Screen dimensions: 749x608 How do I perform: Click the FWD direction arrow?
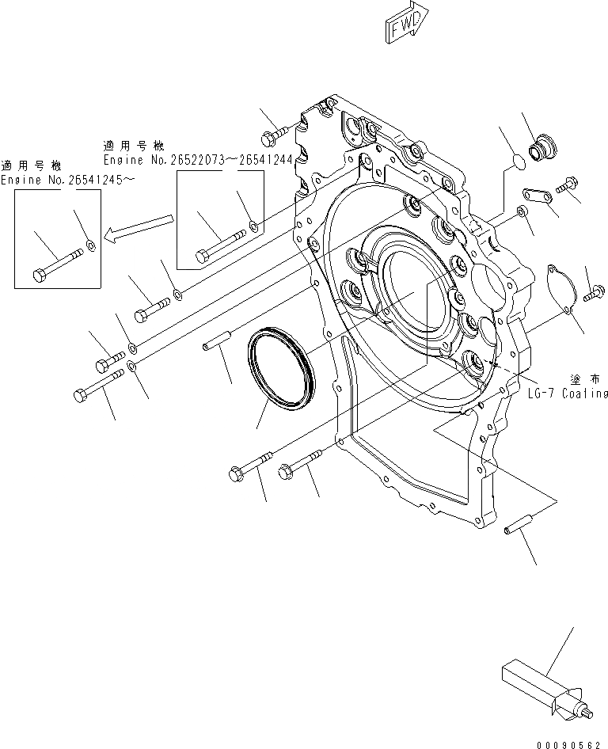pos(405,26)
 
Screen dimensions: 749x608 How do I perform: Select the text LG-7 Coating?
pos(568,394)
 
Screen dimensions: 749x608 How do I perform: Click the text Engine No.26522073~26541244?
pos(196,159)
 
